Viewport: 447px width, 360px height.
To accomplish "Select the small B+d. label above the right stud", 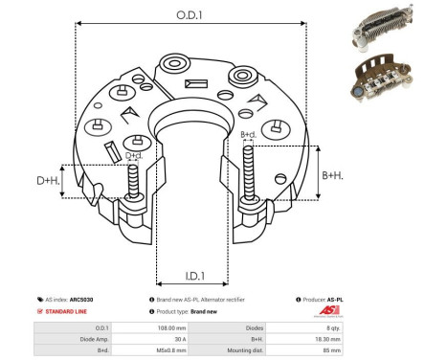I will pyautogui.click(x=248, y=134).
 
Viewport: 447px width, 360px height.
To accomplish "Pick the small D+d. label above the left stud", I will pyautogui.click(x=135, y=154).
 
